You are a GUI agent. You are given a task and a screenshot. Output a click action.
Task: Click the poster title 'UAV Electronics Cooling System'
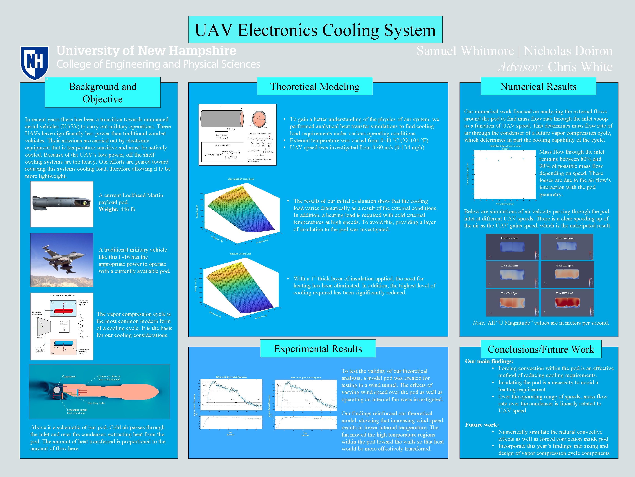click(x=315, y=30)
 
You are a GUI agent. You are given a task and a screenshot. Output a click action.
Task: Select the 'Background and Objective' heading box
click(x=103, y=93)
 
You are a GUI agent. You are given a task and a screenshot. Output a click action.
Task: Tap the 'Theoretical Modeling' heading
click(x=315, y=86)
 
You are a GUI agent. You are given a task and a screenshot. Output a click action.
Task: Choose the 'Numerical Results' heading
click(x=538, y=86)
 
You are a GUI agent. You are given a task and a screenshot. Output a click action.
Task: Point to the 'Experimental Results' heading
click(x=318, y=349)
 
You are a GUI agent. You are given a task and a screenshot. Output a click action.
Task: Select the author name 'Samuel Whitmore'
click(x=465, y=51)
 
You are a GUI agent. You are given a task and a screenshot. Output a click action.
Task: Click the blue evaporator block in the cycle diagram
click(x=63, y=343)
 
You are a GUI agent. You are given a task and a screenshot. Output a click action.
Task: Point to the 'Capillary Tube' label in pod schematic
click(x=96, y=403)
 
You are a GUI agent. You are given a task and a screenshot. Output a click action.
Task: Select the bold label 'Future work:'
click(x=482, y=425)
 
